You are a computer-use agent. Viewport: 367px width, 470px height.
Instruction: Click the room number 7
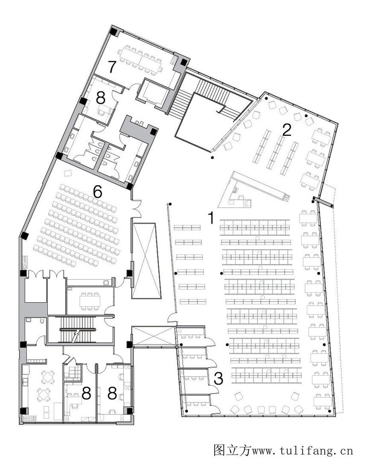(112, 67)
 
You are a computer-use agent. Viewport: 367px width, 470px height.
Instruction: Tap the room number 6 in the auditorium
(98, 192)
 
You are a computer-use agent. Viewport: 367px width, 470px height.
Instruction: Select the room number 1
(211, 218)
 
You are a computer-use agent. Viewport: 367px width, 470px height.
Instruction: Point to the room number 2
(287, 130)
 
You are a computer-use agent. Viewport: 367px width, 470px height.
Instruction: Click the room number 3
(218, 379)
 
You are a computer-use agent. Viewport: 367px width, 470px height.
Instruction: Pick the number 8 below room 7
(101, 97)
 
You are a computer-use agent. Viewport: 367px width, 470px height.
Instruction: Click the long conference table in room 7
(140, 59)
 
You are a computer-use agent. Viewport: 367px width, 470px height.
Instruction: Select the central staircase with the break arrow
(78, 330)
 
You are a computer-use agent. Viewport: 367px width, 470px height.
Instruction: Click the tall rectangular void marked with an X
(146, 260)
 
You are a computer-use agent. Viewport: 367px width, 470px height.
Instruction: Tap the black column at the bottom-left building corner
(23, 411)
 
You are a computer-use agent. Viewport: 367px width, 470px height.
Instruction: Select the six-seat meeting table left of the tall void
(90, 301)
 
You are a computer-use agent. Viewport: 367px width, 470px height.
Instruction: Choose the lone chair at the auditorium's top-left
(68, 173)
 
